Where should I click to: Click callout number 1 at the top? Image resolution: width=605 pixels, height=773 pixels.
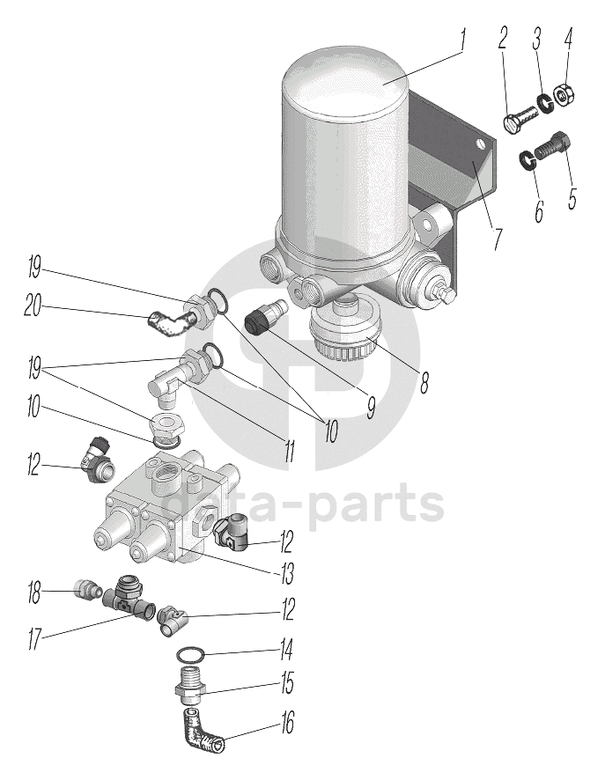click(x=464, y=39)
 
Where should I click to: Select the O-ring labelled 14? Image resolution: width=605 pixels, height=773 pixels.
click(x=192, y=655)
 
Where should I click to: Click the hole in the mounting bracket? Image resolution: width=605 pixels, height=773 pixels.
click(x=480, y=144)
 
